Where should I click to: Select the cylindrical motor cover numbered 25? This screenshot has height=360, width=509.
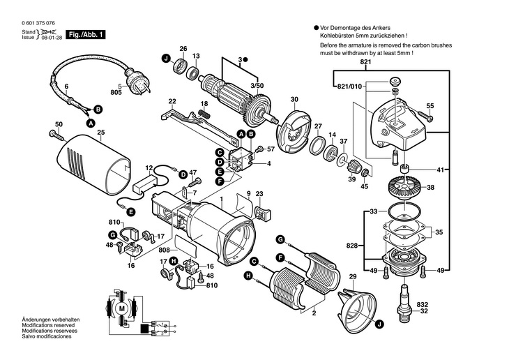click(98, 165)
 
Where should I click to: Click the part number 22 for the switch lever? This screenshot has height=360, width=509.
click(172, 100)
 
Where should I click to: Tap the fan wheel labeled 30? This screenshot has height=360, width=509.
click(292, 128)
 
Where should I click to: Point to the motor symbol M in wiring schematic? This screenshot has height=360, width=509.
click(122, 308)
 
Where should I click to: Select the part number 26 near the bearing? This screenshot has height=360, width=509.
click(183, 49)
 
